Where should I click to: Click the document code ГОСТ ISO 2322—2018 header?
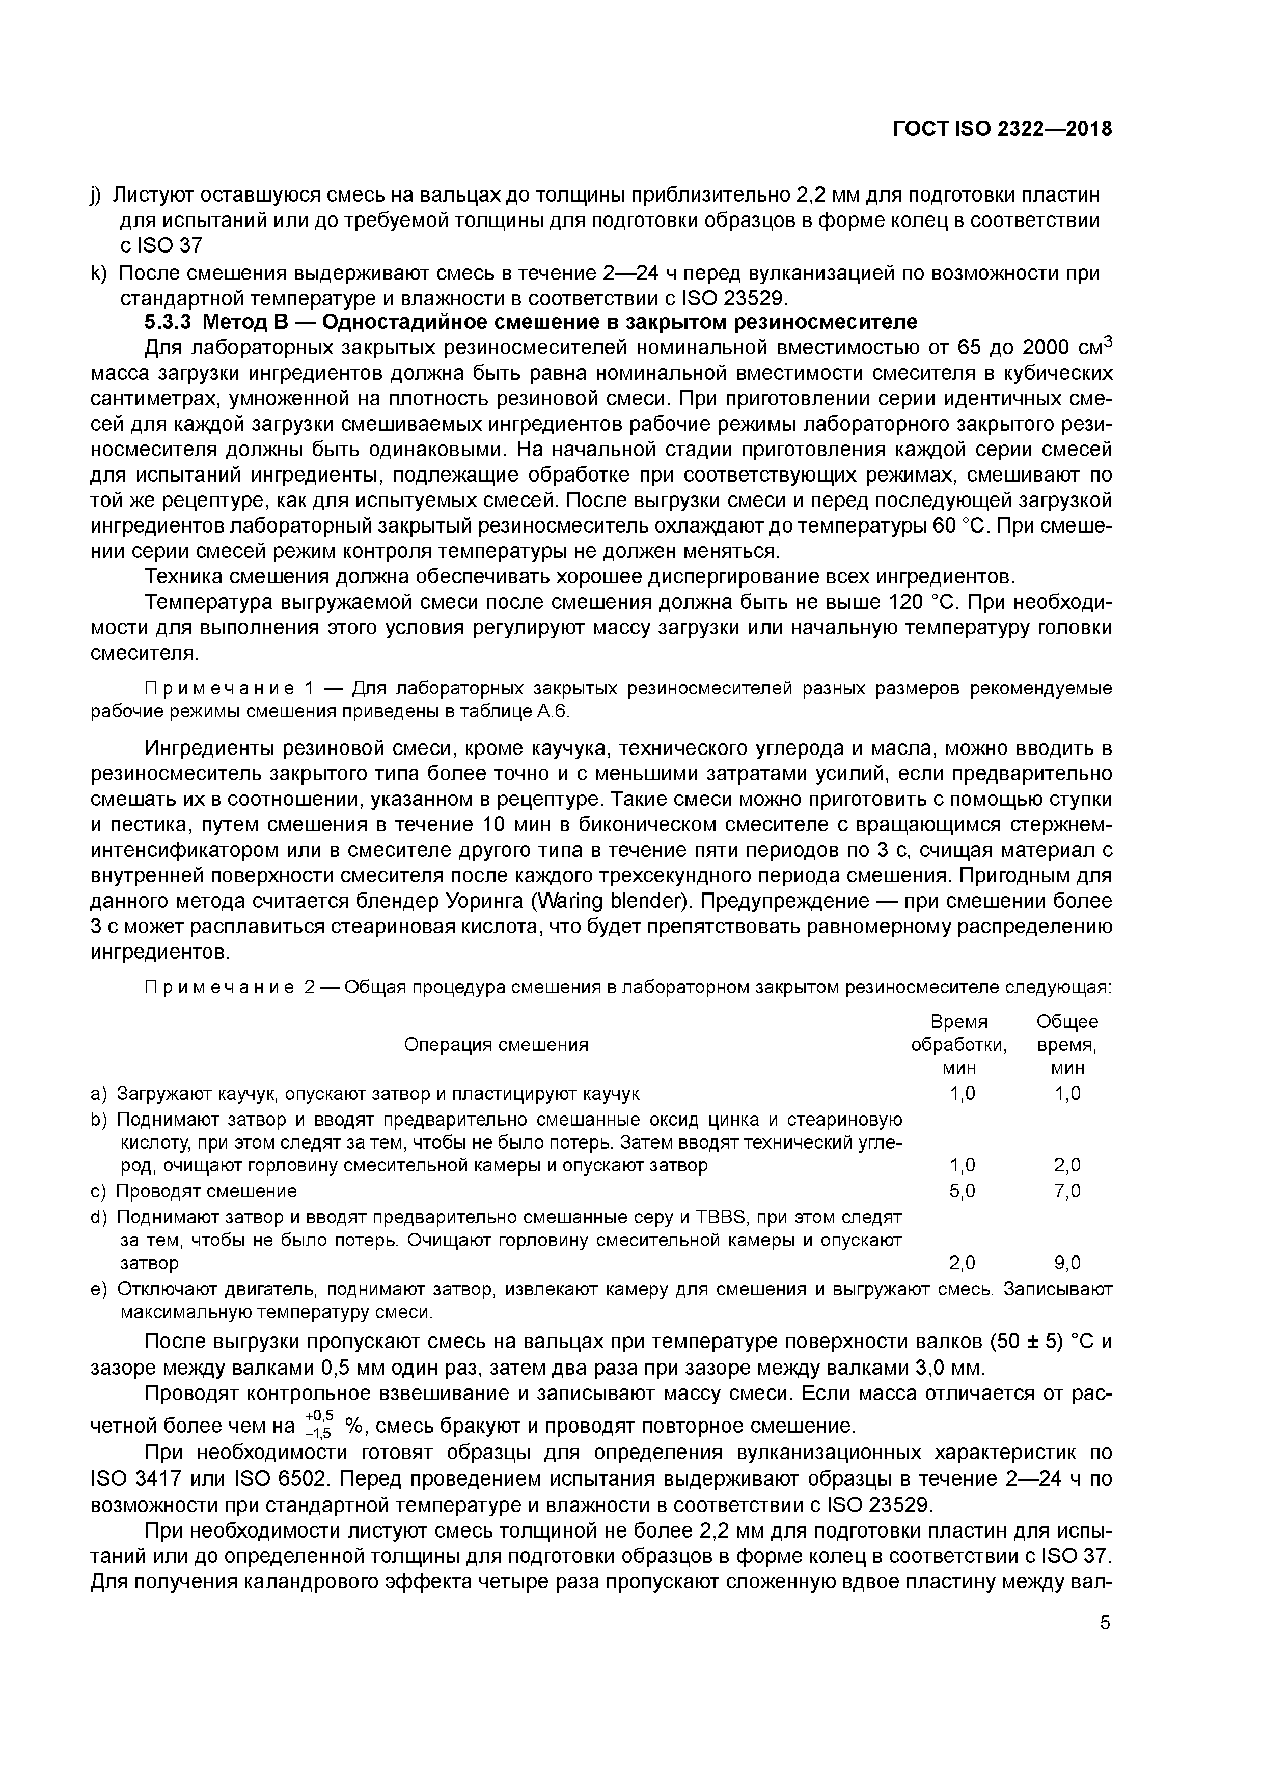tap(1002, 129)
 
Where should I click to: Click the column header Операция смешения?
tap(496, 1045)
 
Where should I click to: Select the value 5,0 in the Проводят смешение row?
tap(963, 1191)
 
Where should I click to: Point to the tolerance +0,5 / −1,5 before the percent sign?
tap(319, 1426)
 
